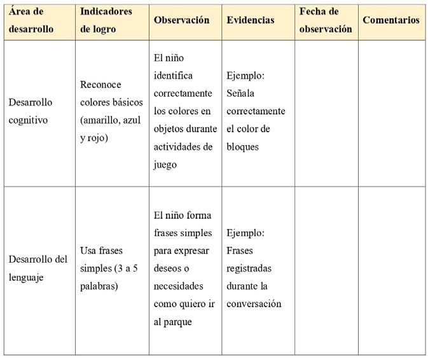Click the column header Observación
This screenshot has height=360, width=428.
(181, 20)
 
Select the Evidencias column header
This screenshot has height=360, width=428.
(250, 20)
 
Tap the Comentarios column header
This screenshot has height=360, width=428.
(390, 20)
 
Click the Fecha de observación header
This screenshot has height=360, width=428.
(325, 20)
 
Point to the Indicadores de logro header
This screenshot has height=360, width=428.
(107, 20)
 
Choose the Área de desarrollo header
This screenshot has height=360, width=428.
(31, 20)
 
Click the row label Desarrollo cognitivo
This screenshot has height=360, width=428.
(31, 111)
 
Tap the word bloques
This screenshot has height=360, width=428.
(242, 147)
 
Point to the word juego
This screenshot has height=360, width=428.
(165, 165)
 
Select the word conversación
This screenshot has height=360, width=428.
(254, 304)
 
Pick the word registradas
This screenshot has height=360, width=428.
(249, 268)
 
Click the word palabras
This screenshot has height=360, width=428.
(99, 286)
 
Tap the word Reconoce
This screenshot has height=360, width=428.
(100, 85)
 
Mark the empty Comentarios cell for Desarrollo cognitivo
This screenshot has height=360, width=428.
(390, 113)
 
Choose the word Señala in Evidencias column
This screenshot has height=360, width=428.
(240, 93)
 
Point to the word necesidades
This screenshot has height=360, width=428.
(178, 286)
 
